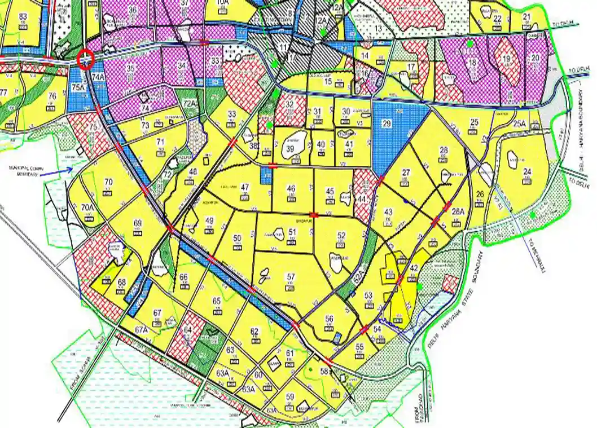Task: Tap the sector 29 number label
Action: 387,123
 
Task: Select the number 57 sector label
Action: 291,277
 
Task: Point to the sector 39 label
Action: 290,148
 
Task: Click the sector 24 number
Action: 527,172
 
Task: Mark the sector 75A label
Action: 78,87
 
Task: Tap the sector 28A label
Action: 458,211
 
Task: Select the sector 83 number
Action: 23,16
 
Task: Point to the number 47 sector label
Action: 245,187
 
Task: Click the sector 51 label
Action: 292,232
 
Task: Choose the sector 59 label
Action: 290,396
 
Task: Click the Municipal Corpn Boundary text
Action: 28,171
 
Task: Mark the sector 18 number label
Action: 473,63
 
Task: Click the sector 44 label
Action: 362,199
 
